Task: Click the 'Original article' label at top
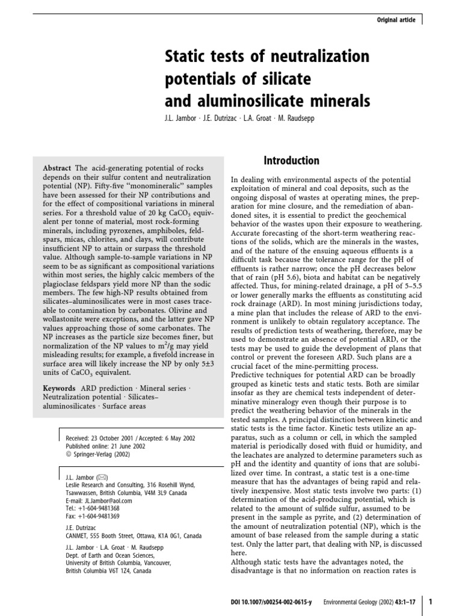point(396,20)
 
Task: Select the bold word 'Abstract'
point(57,168)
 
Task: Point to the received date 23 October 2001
point(115,439)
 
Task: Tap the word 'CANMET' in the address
point(78,536)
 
